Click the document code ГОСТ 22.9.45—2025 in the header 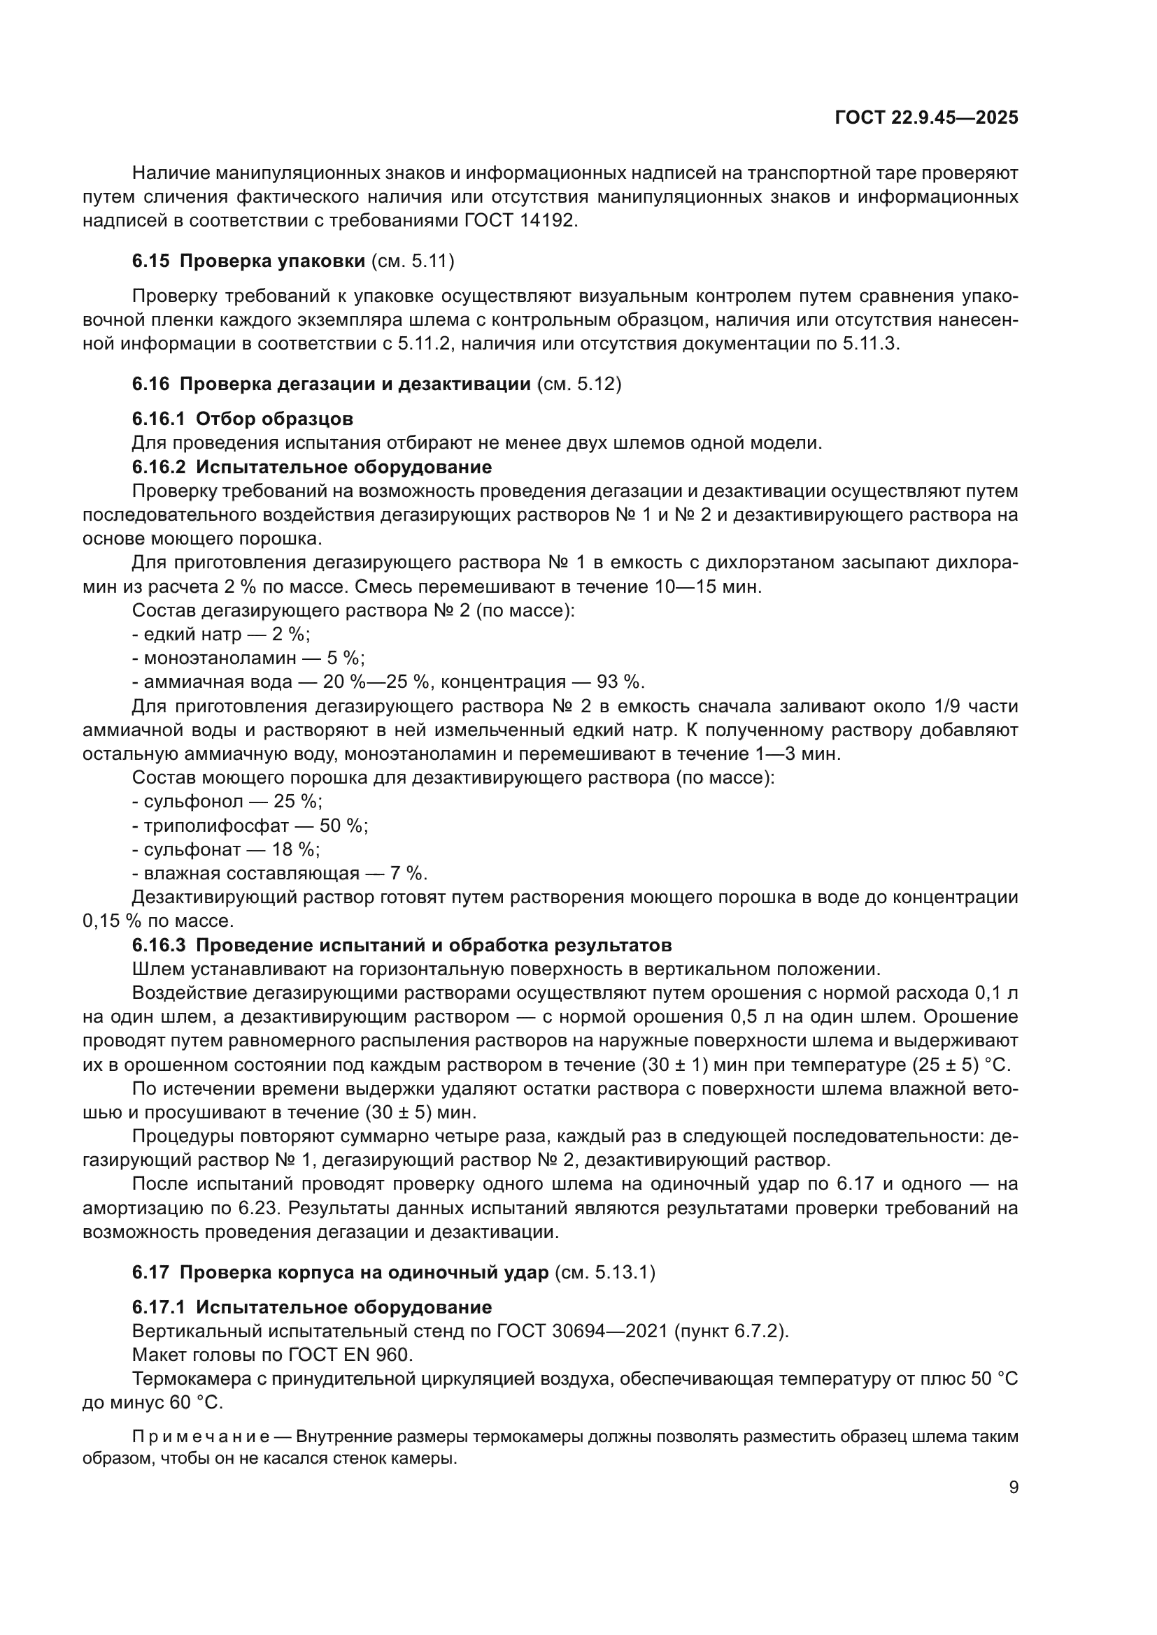(x=926, y=118)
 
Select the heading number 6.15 (x=150, y=261)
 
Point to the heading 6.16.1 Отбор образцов (x=242, y=419)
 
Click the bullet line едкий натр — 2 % (x=221, y=634)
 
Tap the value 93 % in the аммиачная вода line (x=620, y=682)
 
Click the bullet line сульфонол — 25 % (x=227, y=801)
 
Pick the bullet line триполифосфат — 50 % (x=249, y=826)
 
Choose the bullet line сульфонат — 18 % (x=226, y=849)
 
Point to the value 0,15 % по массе (x=158, y=921)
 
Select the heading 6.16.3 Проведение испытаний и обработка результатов (x=401, y=945)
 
